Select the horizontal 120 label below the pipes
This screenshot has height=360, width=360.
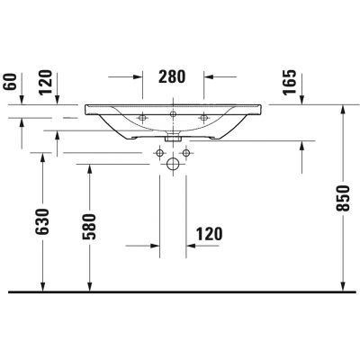(207, 234)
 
